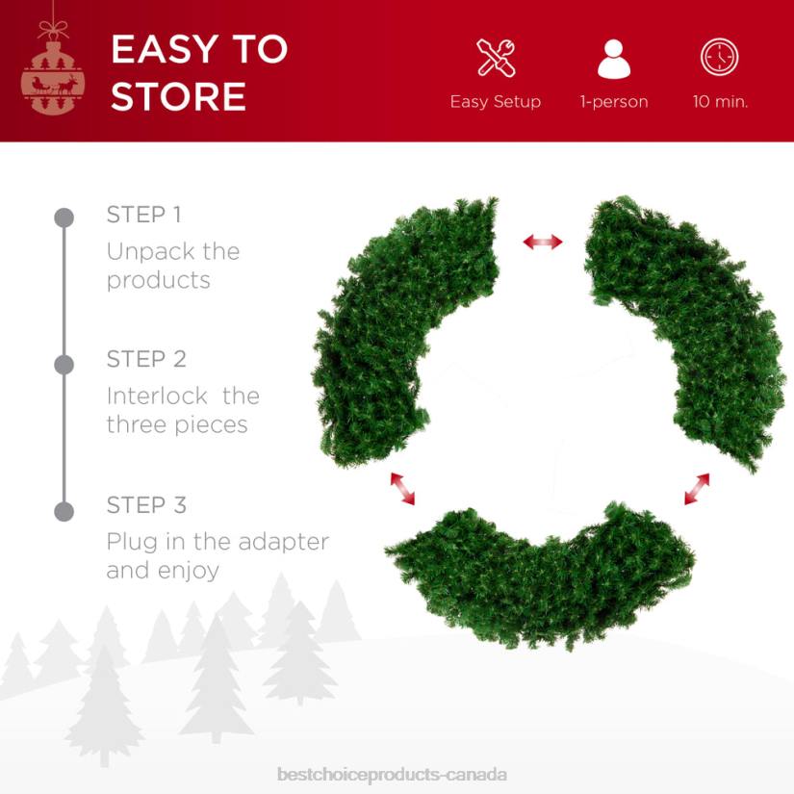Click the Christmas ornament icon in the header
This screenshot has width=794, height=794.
coord(54,77)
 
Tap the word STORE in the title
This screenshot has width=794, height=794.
coord(178,97)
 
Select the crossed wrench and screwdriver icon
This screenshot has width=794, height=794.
coord(496,58)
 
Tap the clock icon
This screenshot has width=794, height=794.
coord(719,58)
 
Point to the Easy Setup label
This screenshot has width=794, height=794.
coord(496,101)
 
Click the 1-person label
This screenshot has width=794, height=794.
coord(613,101)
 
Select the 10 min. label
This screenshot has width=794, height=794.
coord(720,101)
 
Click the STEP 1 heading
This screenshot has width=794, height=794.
coord(143,215)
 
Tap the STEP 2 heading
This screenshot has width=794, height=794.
coord(146,359)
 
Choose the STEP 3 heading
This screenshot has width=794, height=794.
coord(146,505)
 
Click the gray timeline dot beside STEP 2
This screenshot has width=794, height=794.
coord(64,365)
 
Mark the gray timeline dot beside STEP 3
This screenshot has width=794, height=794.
coord(64,511)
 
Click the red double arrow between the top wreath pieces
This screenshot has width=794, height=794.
coord(543,242)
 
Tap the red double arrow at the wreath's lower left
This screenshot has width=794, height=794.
coord(402,488)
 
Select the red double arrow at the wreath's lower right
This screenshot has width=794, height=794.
coord(697,489)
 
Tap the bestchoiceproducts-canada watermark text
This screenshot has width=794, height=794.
coord(392,774)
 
